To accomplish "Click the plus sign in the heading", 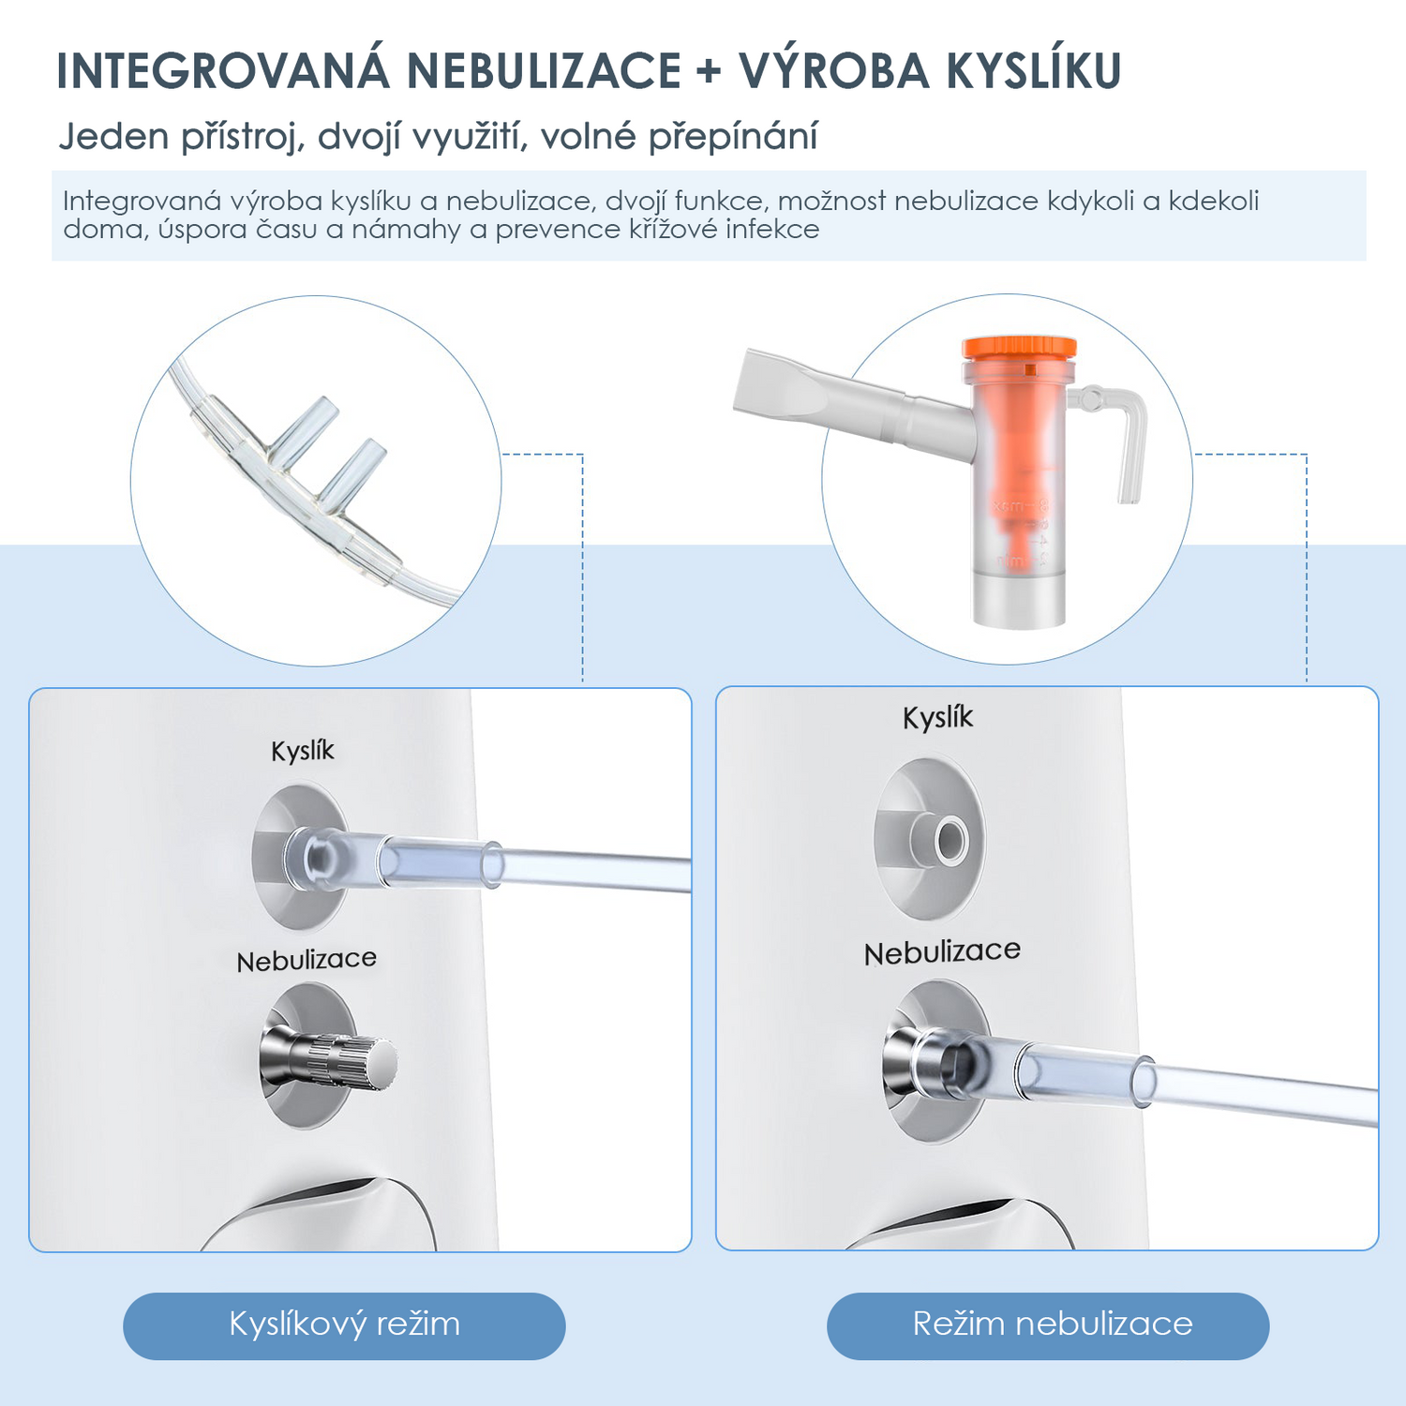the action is pyautogui.click(x=710, y=71).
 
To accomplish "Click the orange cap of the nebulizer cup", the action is pyautogui.click(x=1018, y=349).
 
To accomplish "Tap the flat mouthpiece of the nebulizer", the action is pyautogui.click(x=783, y=387).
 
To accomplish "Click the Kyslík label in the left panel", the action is pyautogui.click(x=302, y=752).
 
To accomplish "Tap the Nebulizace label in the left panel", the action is pyautogui.click(x=307, y=960).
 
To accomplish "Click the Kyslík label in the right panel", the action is pyautogui.click(x=937, y=718).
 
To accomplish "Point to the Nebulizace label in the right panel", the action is pyautogui.click(x=942, y=952).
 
